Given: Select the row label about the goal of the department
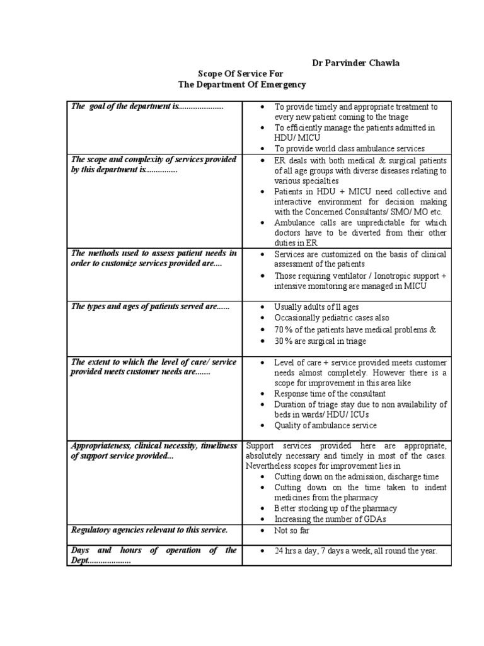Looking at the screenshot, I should coord(147,107).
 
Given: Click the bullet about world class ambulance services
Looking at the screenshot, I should coord(349,148).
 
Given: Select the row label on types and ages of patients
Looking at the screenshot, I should coord(151,307).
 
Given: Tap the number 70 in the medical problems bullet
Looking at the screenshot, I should coord(279,329).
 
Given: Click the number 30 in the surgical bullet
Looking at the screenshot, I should coord(279,341).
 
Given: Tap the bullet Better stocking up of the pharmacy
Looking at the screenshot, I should coord(335,508).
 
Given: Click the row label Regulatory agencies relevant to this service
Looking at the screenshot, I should coord(149,530).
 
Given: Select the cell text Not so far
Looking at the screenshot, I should coord(291,531).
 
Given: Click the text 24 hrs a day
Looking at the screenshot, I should coord(296,551).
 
